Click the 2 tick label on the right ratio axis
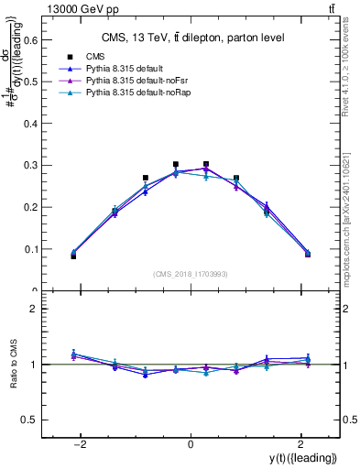(352, 310)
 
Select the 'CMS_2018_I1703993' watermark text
(190, 274)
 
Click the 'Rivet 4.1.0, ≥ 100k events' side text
(353, 73)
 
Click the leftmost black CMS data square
(73, 256)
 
